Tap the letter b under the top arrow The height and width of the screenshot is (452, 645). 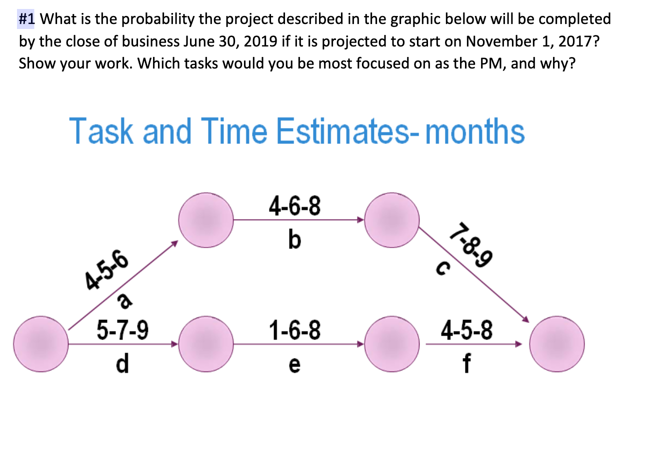295,241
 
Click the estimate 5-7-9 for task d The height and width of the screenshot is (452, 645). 122,330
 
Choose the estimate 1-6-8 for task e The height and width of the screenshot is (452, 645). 294,330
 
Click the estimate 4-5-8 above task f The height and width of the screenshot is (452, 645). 466,330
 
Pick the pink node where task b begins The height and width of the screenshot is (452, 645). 206,219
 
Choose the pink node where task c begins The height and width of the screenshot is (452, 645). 392,219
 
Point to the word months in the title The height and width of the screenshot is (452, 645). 475,131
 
